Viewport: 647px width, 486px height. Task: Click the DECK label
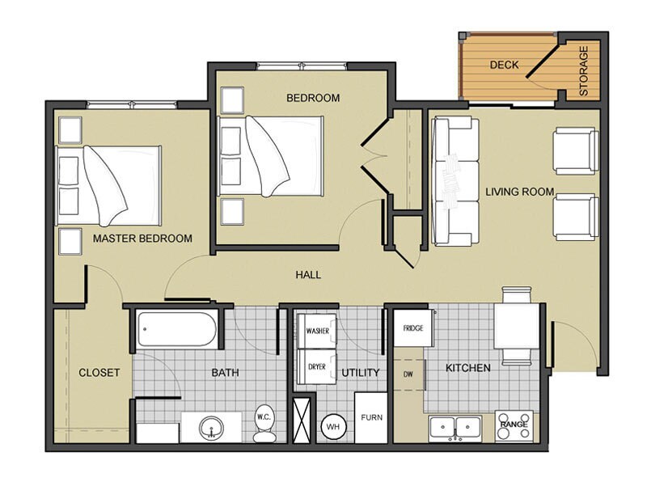pos(505,65)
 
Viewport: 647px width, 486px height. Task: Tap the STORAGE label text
pos(583,72)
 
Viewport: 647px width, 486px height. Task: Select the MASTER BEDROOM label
pos(142,239)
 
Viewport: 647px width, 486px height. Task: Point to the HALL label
pos(307,275)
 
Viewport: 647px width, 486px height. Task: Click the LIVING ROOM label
pos(519,192)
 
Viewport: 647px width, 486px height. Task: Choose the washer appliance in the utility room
pos(317,330)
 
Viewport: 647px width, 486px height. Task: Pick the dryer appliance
pos(317,366)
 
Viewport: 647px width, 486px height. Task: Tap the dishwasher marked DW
pos(408,374)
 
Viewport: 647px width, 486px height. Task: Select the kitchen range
pos(514,425)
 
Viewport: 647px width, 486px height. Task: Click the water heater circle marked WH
pos(333,425)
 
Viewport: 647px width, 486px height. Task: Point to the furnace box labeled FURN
pos(371,417)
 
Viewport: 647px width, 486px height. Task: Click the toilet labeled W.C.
pos(264,422)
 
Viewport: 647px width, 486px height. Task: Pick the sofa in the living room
pos(454,181)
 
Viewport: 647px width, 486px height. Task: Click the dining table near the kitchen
pos(515,327)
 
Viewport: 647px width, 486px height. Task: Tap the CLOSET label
pos(99,373)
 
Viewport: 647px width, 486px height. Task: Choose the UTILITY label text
pos(361,373)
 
